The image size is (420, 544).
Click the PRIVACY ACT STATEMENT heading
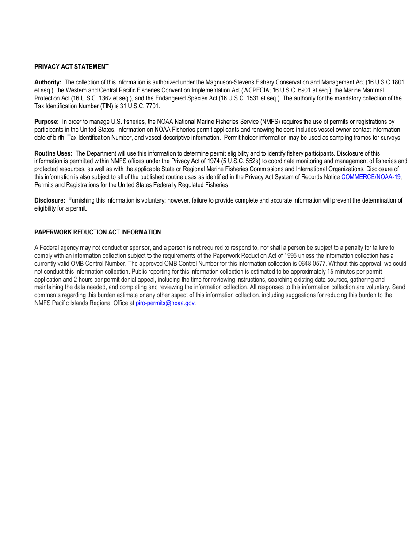(x=71, y=67)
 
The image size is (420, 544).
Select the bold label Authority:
(x=48, y=82)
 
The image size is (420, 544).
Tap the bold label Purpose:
(x=46, y=122)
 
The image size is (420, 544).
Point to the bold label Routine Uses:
(x=53, y=153)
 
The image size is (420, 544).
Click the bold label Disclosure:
(x=50, y=200)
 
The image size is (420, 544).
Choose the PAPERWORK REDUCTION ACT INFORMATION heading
(x=98, y=232)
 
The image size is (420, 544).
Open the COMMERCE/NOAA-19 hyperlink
(x=370, y=177)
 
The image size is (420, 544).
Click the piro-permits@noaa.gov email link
(x=165, y=303)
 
